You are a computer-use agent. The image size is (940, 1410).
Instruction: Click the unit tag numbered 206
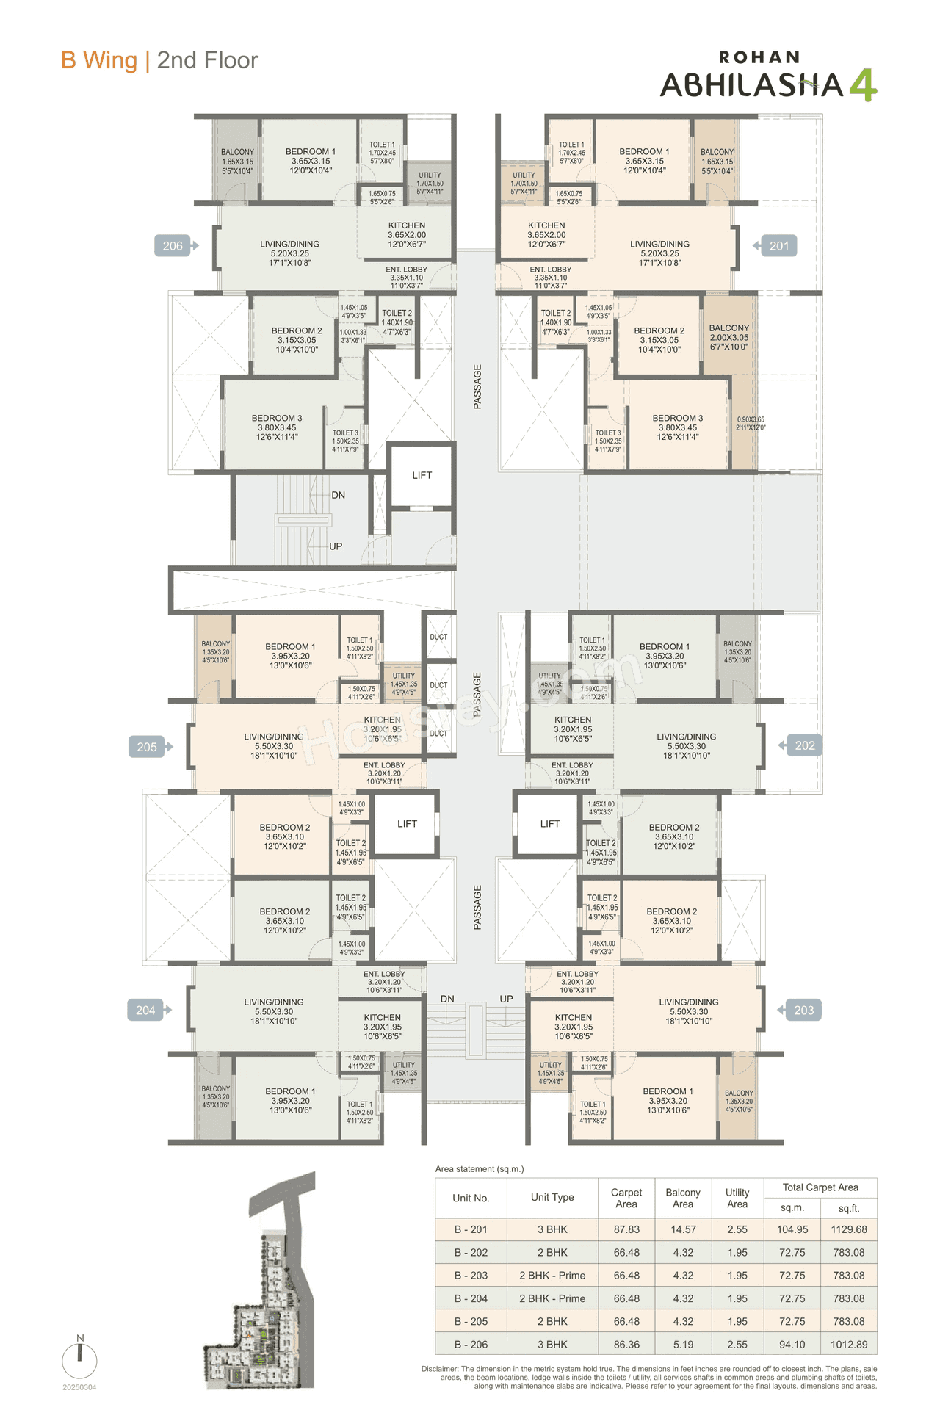coord(173,246)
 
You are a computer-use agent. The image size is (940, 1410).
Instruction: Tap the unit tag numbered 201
coord(778,246)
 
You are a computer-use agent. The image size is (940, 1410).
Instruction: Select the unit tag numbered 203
coord(803,1010)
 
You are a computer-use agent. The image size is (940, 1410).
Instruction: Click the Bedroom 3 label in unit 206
coord(277,427)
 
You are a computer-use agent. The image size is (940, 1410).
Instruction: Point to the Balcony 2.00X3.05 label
coord(729,338)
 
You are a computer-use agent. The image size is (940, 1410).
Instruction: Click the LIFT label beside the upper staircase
coord(422,475)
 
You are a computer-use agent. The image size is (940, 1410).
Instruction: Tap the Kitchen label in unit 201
coord(546,235)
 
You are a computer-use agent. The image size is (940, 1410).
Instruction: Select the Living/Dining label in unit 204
coord(274,1011)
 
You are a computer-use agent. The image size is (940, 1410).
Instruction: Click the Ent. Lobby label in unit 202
coord(572,773)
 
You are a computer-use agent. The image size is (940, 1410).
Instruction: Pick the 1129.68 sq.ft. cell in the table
coord(849,1229)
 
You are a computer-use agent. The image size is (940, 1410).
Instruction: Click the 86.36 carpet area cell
coord(626,1345)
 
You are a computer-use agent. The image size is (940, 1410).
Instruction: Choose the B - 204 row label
coord(471,1298)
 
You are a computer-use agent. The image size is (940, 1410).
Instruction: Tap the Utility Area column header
coord(737,1198)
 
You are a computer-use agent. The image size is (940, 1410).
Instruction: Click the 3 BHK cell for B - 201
coord(552,1229)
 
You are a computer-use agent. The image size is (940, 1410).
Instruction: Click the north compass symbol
coord(79,1359)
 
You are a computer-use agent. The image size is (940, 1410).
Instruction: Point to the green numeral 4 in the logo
coord(863,84)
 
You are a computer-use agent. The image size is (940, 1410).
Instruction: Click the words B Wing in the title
coord(99,60)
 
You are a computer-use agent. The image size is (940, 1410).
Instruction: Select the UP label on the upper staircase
coord(336,546)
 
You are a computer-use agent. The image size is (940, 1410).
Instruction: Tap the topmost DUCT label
coord(438,637)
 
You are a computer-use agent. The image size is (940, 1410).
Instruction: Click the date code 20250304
coord(79,1387)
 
